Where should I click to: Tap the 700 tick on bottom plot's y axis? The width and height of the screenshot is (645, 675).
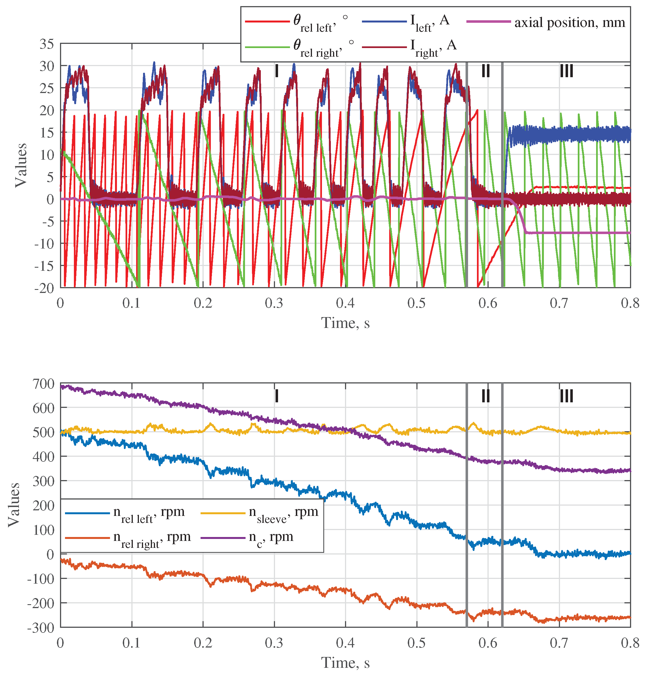tap(43, 383)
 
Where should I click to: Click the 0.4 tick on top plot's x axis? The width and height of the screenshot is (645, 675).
tap(345, 303)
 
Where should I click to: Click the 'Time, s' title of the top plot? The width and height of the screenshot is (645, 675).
tap(345, 323)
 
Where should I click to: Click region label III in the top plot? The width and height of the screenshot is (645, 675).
tap(566, 71)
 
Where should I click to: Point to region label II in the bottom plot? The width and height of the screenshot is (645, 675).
tap(486, 396)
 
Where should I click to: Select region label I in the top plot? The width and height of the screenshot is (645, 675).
tap(276, 71)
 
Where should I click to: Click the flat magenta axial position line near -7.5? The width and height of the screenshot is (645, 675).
tap(577, 233)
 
